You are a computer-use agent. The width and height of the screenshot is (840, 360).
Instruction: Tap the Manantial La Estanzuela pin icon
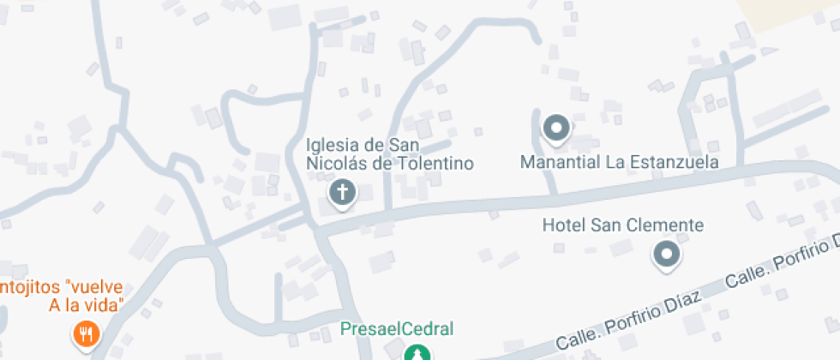tap(558, 129)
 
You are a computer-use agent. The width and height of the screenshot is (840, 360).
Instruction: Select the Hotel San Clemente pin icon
tap(666, 254)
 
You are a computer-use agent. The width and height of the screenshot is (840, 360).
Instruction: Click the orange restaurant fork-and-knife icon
tap(85, 333)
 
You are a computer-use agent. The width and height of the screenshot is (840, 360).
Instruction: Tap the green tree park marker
tap(417, 352)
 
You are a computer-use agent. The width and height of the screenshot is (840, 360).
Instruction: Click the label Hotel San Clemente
tap(623, 226)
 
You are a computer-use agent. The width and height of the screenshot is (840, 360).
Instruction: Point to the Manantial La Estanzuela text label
tap(620, 161)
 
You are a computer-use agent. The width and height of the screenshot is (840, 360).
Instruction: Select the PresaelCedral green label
tap(396, 328)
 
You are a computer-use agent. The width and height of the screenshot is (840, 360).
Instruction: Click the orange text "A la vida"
tap(87, 306)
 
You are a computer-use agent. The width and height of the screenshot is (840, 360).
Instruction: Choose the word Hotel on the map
tap(562, 226)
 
